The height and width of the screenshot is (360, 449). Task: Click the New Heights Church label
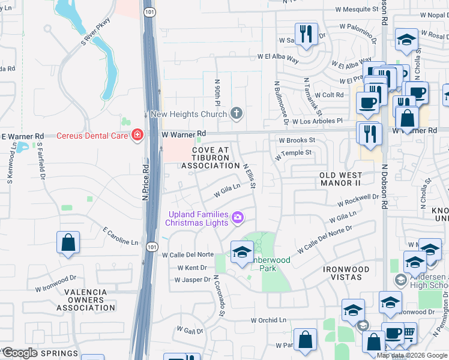188,114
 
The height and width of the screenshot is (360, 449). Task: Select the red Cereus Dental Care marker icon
138,135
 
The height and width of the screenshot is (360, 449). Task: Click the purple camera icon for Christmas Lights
238,218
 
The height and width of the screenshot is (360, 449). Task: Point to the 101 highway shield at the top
148,11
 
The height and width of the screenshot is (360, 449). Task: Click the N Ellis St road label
249,175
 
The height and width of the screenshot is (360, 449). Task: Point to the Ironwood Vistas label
351,274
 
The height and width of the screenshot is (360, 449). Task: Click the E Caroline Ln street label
119,236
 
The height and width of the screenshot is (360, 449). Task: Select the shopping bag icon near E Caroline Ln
68,243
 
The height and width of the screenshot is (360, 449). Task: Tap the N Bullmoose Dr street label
281,104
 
